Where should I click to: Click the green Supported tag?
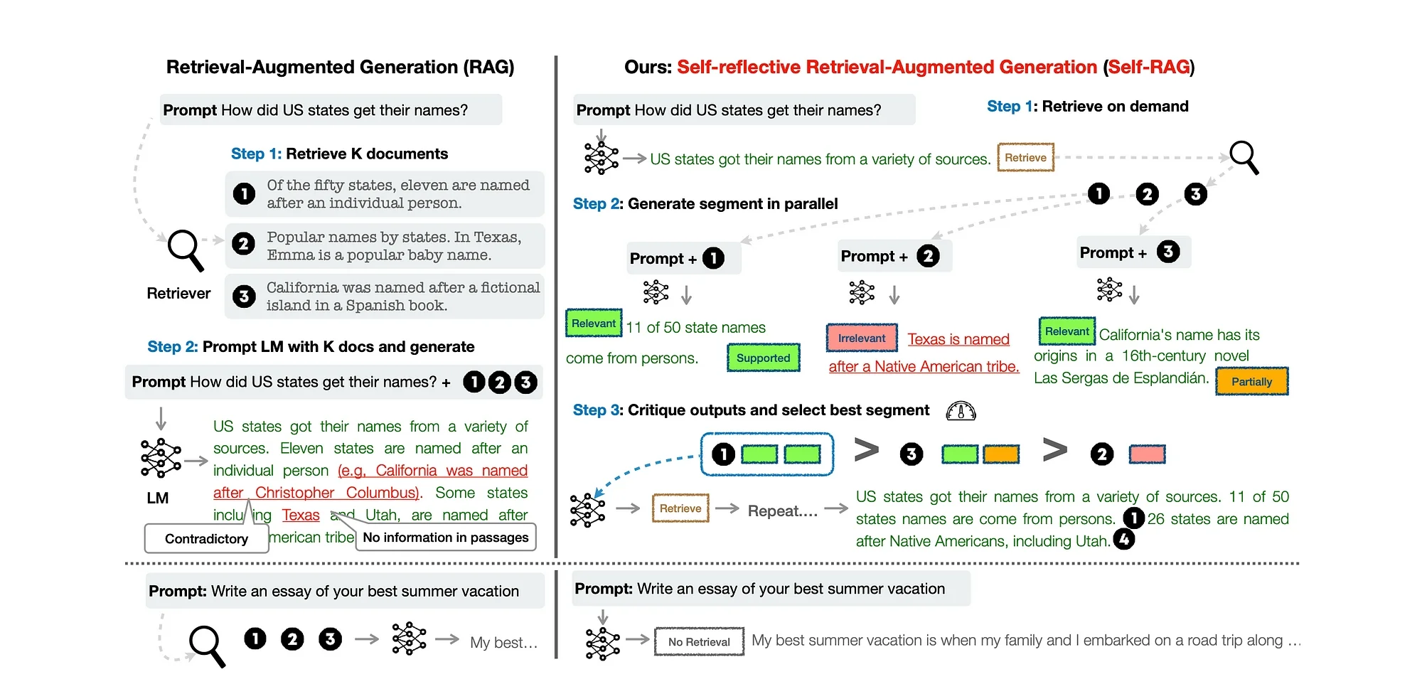(x=763, y=358)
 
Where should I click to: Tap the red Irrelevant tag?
(x=862, y=338)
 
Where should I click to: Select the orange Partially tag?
(x=1251, y=382)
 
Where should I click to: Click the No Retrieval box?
(x=699, y=641)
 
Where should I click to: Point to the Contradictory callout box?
(x=206, y=539)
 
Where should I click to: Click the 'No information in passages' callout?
(x=446, y=538)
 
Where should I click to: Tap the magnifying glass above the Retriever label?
(x=185, y=250)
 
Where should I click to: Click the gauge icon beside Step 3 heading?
(x=961, y=411)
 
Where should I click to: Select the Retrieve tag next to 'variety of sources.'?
(x=1025, y=158)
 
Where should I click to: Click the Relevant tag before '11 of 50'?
(x=594, y=324)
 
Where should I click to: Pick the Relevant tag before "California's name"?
(x=1066, y=331)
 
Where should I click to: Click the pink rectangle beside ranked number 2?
(x=1147, y=454)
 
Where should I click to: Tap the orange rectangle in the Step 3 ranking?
(x=1001, y=454)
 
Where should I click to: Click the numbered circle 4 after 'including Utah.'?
(x=1124, y=540)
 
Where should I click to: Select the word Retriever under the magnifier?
(x=178, y=294)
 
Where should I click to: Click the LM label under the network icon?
(x=158, y=498)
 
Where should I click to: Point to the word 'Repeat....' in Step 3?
(x=782, y=511)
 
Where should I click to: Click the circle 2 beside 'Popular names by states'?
(x=244, y=244)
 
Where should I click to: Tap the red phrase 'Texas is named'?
(x=958, y=339)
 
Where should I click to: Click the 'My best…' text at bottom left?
(x=503, y=643)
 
